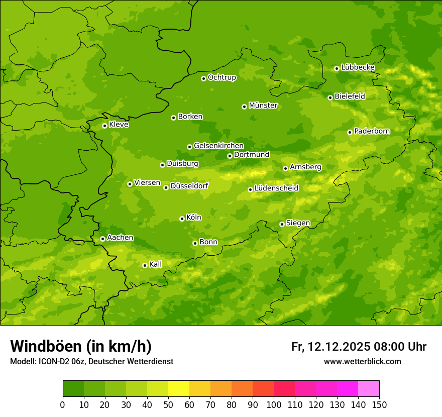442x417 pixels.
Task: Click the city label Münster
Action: (x=263, y=106)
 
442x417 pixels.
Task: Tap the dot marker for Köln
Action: (x=182, y=219)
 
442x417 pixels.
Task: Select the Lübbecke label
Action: (x=358, y=67)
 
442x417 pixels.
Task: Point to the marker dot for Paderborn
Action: (x=350, y=132)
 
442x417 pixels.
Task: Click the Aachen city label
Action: (x=120, y=238)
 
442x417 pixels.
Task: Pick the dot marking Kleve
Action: (x=104, y=126)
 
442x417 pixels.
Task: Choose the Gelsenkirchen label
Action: (x=218, y=146)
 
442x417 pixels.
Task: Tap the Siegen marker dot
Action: (x=282, y=224)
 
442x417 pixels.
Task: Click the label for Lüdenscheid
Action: (x=276, y=188)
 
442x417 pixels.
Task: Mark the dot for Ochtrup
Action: (x=203, y=78)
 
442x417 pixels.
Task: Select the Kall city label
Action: (x=156, y=264)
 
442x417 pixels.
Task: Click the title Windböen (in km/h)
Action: (x=81, y=346)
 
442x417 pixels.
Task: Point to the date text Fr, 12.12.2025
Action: (x=331, y=347)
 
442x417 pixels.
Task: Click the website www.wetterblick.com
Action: (x=362, y=361)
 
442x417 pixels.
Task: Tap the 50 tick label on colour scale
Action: (x=168, y=404)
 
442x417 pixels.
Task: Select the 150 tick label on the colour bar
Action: (x=379, y=404)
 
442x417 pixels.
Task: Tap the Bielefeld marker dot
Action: (x=330, y=97)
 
